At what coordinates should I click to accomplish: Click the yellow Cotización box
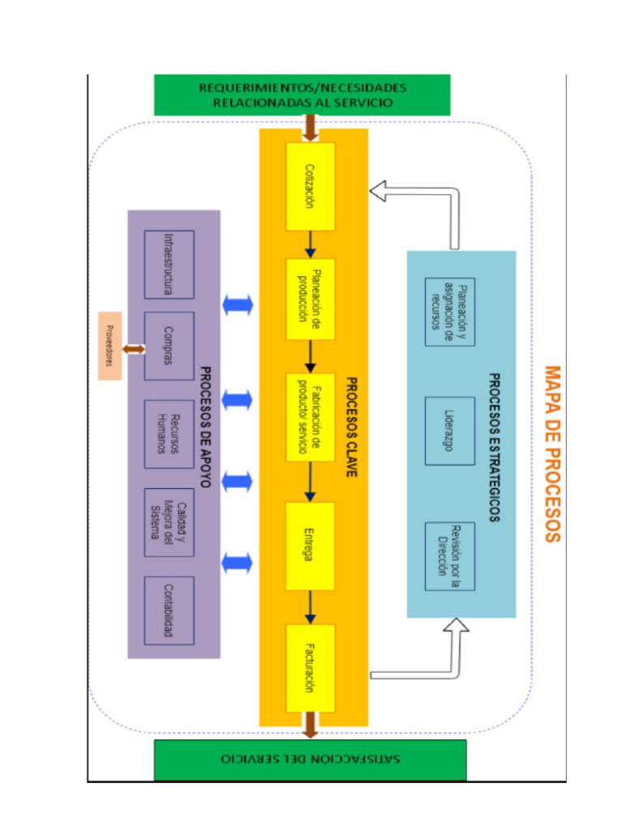(310, 186)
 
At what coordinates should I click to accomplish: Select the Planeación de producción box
(310, 299)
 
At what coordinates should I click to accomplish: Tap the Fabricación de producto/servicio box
(310, 416)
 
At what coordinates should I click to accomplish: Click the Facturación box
(310, 667)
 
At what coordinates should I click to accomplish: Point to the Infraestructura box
(169, 264)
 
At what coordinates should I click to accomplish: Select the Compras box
(169, 346)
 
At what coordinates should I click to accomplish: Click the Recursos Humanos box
(169, 434)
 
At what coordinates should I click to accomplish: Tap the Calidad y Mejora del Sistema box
(169, 522)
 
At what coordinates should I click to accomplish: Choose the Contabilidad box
(169, 610)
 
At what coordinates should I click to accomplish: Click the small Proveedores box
(109, 346)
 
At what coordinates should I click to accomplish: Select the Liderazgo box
(449, 431)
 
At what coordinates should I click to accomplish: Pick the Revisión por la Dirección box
(449, 556)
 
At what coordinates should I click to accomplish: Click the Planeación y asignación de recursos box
(449, 312)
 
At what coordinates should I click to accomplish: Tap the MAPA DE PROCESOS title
(552, 453)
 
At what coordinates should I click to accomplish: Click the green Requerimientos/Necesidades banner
(302, 96)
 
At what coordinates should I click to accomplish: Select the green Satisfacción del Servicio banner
(310, 761)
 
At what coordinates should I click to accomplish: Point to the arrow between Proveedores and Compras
(134, 349)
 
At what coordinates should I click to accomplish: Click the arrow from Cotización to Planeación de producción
(310, 244)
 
